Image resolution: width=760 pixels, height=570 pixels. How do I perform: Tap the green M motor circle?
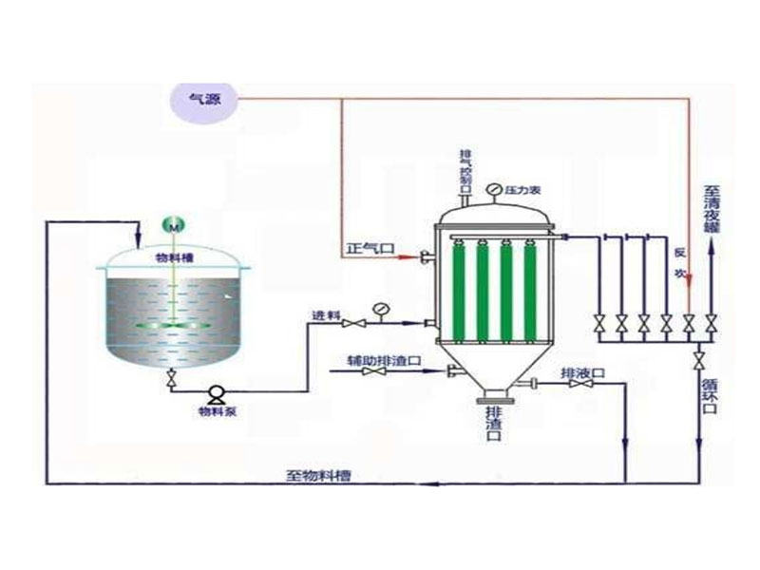pyautogui.click(x=175, y=225)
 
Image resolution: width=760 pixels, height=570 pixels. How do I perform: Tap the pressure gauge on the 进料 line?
pyautogui.click(x=381, y=308)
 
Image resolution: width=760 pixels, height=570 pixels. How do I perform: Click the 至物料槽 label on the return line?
pyautogui.click(x=318, y=474)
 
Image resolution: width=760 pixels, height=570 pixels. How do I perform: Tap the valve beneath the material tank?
pyautogui.click(x=172, y=380)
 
